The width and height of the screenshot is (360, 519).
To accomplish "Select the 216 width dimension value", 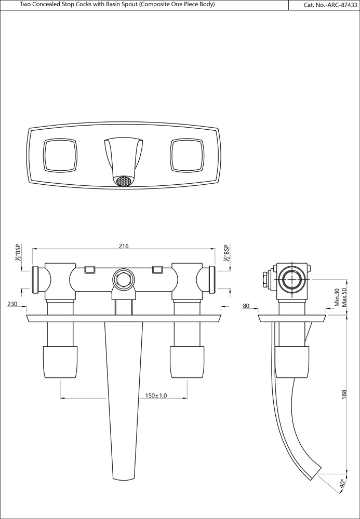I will pyautogui.click(x=123, y=246).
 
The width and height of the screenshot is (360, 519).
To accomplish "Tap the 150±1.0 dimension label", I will pyautogui.click(x=156, y=395).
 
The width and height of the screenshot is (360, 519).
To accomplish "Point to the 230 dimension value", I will pyautogui.click(x=12, y=305).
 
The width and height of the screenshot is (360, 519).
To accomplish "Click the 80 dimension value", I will pyautogui.click(x=246, y=306).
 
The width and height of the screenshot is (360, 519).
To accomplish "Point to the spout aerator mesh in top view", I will pyautogui.click(x=123, y=182).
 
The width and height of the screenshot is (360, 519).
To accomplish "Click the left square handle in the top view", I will pyautogui.click(x=60, y=156).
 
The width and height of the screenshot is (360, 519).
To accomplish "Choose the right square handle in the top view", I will pyautogui.click(x=186, y=156).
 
